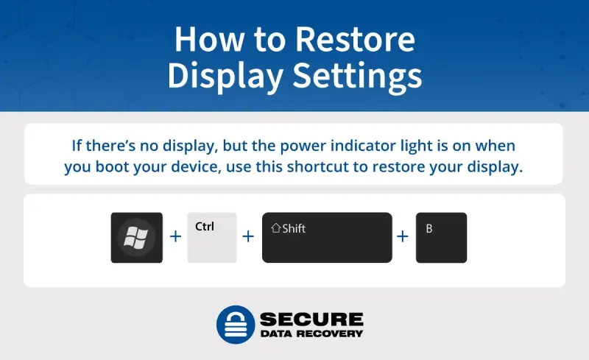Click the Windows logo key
[x=137, y=238]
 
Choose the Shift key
[x=327, y=238]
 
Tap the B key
[x=441, y=238]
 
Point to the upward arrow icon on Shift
[x=275, y=228]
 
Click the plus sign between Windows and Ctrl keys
[x=175, y=237]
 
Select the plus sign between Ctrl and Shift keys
[x=248, y=237]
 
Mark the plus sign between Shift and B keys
[x=403, y=237]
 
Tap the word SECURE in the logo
[x=311, y=319]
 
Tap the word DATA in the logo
[x=273, y=333]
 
